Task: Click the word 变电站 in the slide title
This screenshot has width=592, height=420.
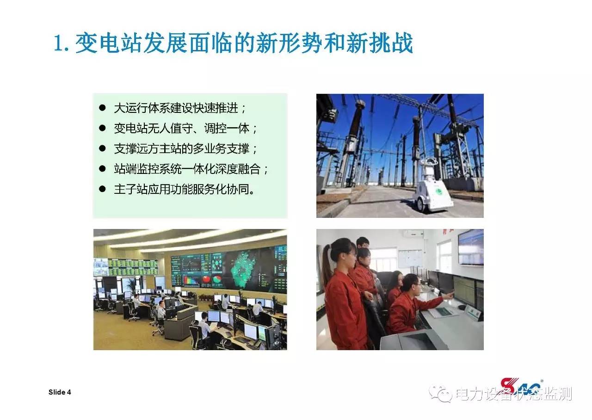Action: (109, 43)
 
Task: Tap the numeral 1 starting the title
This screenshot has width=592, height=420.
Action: (58, 43)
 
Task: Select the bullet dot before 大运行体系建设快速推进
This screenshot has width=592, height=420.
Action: (102, 108)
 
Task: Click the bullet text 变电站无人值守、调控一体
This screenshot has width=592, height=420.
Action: (182, 129)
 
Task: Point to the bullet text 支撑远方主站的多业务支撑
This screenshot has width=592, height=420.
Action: (182, 149)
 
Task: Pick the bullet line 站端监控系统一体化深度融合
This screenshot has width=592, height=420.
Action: (187, 169)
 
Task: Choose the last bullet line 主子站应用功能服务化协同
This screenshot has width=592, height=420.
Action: (182, 190)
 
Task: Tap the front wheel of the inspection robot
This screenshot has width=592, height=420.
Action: (420, 204)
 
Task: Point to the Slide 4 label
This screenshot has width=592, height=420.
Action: (60, 392)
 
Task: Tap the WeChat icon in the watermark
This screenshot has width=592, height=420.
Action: (441, 394)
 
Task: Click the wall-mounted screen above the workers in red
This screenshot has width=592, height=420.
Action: (470, 247)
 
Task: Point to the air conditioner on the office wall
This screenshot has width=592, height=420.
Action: (413, 234)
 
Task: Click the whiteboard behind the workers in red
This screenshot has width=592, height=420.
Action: (410, 258)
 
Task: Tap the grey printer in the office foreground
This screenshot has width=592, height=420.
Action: (414, 340)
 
